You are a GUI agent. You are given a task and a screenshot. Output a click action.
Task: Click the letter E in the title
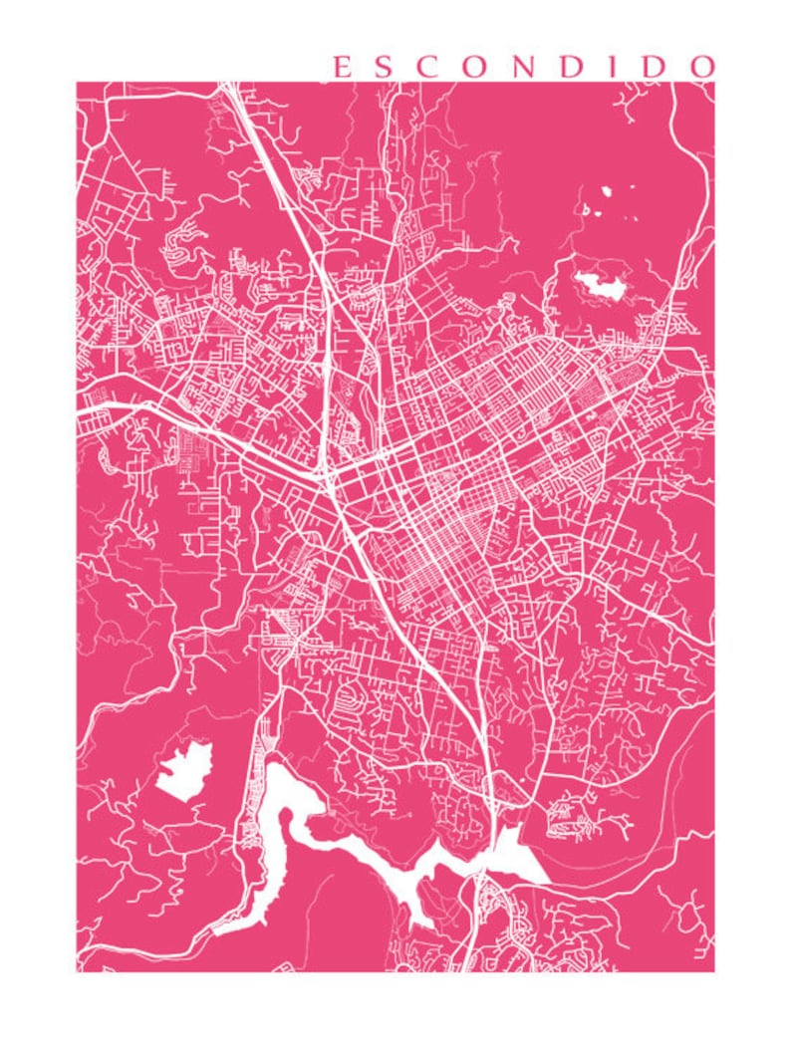click(340, 67)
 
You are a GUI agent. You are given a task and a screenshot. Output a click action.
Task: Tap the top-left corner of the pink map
click(77, 83)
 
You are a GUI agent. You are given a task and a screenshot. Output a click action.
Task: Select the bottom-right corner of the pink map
click(714, 971)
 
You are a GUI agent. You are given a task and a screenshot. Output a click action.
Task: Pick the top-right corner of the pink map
click(714, 83)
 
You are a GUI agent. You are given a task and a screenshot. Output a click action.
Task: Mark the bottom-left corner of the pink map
click(77, 971)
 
